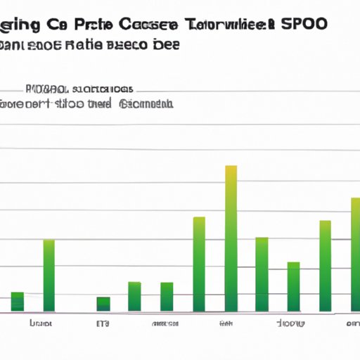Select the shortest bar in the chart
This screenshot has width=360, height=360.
103,304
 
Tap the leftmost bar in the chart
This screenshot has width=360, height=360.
18,301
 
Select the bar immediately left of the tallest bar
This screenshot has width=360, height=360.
199,264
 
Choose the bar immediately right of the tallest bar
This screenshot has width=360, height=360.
262,274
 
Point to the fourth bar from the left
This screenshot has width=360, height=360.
134,296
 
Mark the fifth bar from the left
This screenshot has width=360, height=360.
167,296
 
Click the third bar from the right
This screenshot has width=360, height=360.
293,286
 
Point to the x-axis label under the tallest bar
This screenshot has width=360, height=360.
226,324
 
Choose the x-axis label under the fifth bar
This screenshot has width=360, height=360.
166,324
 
